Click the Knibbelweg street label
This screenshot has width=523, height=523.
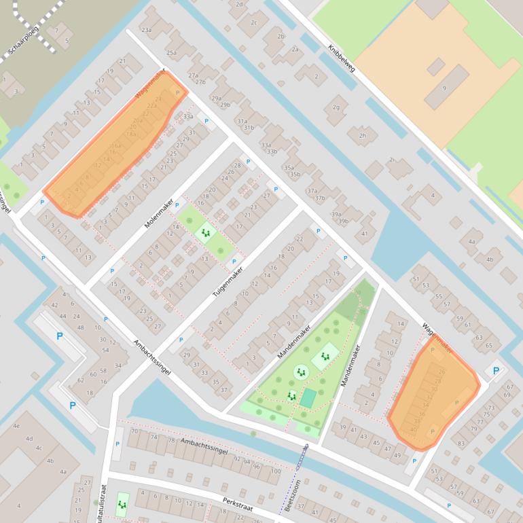[x=342, y=59]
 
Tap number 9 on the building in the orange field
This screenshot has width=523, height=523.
[x=445, y=88]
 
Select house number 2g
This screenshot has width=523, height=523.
[x=336, y=107]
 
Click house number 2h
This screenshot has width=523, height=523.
[x=362, y=136]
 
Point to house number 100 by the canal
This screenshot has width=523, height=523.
[x=275, y=471]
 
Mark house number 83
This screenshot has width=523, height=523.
[x=461, y=444]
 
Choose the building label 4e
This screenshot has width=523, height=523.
[x=16, y=426]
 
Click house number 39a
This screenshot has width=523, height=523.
[x=336, y=214]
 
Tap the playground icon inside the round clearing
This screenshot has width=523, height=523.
[x=300, y=372]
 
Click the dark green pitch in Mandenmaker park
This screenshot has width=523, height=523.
[x=308, y=398]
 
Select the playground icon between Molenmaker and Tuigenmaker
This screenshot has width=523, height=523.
[x=204, y=234]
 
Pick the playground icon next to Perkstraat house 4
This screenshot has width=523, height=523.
[x=122, y=504]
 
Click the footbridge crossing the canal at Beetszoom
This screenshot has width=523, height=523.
[x=301, y=457]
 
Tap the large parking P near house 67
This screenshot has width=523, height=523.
[x=495, y=371]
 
